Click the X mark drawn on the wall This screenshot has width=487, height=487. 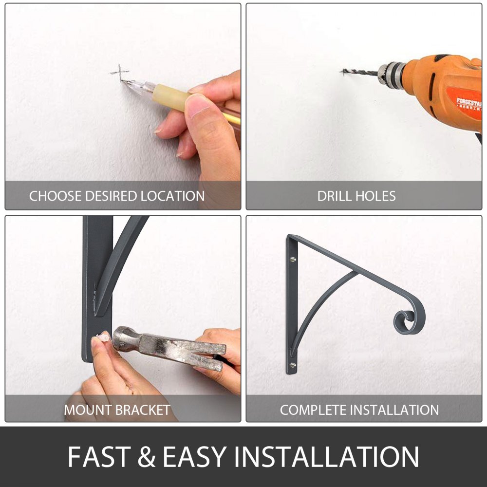click(x=119, y=72)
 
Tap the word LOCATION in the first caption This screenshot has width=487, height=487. click(x=172, y=196)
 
